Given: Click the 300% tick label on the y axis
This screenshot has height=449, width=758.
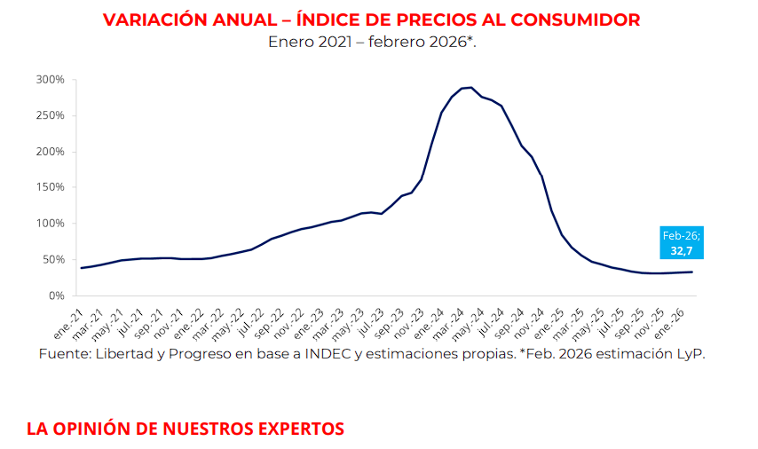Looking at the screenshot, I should click(x=51, y=80).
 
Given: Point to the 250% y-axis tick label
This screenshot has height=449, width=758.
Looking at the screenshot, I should click(x=51, y=115).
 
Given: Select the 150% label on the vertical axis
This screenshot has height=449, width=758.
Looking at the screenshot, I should click(x=51, y=187).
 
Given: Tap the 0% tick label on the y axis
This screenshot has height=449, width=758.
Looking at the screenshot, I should click(x=57, y=295).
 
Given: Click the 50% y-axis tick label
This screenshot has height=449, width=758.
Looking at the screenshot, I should click(x=53, y=259).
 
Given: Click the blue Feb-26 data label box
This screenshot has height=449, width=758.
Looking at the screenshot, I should click(x=682, y=242).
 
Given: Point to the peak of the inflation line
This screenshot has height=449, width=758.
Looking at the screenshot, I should click(x=470, y=87).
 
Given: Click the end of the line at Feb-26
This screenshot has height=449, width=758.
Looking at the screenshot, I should click(x=692, y=272).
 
